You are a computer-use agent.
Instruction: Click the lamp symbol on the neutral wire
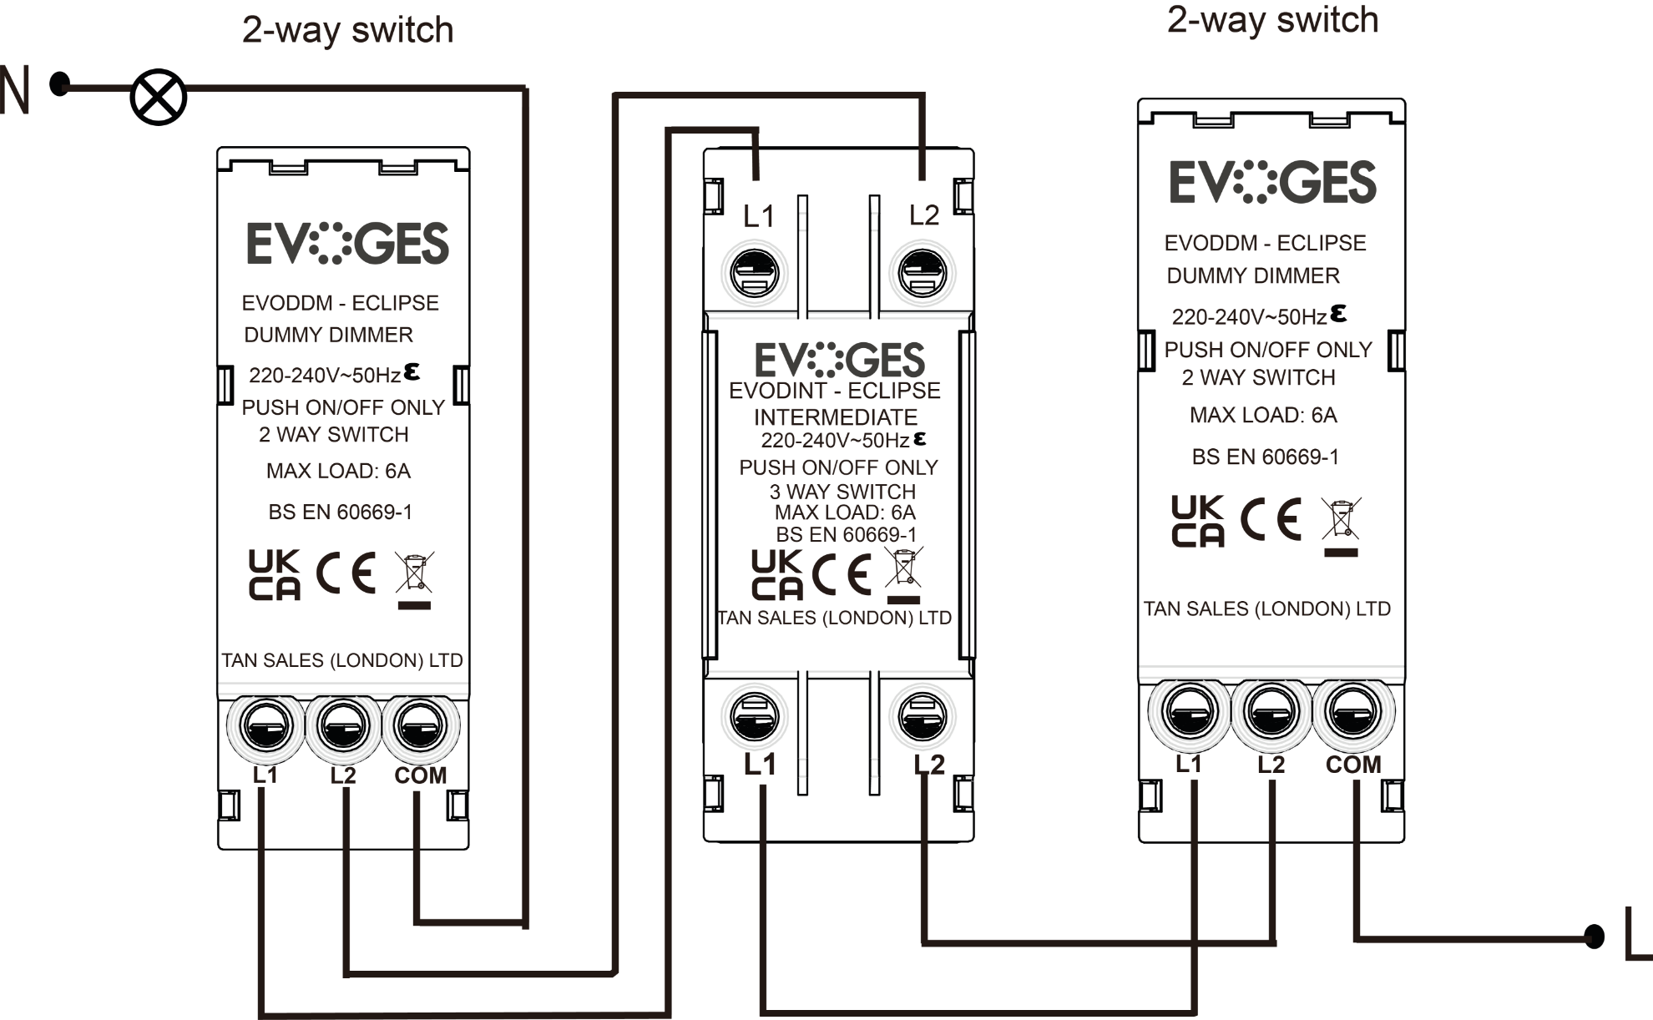[159, 97]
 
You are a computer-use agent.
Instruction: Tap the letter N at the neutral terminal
[15, 90]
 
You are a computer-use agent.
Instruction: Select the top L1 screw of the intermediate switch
[755, 273]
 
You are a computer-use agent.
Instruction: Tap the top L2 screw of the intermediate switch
[923, 273]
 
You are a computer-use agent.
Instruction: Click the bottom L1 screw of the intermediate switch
[755, 716]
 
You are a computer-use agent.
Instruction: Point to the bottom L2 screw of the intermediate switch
[923, 716]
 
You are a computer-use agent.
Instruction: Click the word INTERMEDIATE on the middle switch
[836, 417]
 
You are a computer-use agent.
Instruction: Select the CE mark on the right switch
[1271, 519]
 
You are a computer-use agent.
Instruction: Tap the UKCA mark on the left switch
[274, 574]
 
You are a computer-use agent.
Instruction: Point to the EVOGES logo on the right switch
[1272, 182]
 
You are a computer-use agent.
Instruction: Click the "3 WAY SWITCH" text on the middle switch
[842, 491]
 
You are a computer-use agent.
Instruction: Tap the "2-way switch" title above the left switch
[347, 30]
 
